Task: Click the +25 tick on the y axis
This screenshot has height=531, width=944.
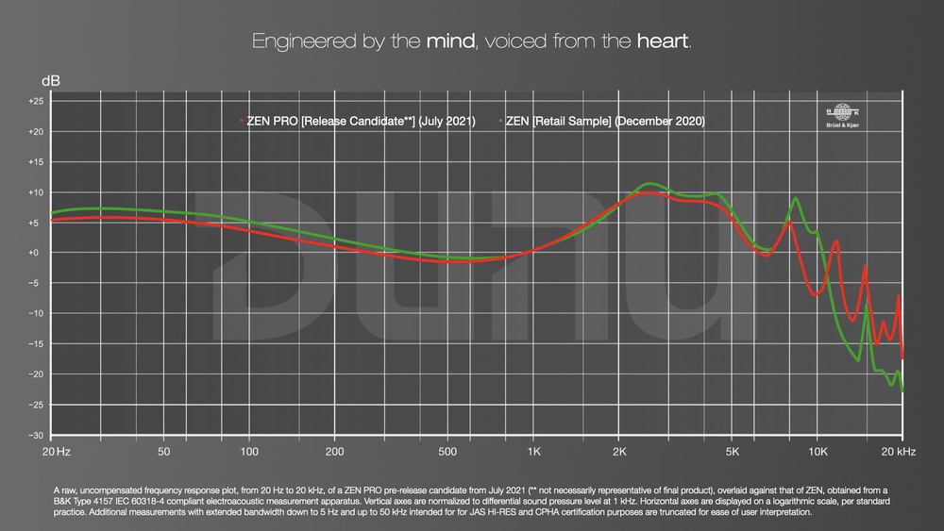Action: coord(36,101)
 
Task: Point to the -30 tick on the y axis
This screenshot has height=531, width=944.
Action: coord(36,436)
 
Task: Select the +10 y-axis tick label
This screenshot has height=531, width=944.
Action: coord(36,192)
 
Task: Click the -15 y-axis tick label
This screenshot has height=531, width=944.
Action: coord(36,344)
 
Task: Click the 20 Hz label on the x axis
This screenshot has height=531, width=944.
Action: coord(57,453)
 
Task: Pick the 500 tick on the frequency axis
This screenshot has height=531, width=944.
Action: coord(447,453)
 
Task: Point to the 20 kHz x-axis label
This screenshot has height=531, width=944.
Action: coord(897,453)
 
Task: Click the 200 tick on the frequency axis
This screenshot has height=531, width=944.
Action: coord(334,453)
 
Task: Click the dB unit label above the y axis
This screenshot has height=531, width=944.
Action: coord(50,81)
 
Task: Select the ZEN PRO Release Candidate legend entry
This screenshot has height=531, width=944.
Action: coord(359,122)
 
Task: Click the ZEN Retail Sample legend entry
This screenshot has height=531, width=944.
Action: coord(604,122)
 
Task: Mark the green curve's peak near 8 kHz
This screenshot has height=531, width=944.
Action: coord(796,198)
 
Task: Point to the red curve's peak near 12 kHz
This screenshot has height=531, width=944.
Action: coord(835,241)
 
